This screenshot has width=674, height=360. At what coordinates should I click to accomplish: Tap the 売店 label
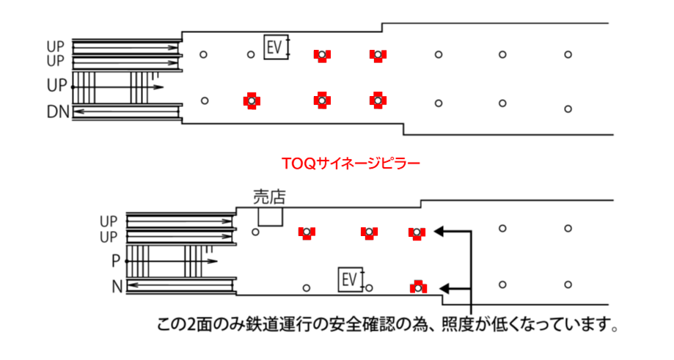point(268,196)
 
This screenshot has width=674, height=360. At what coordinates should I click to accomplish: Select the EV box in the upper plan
point(276,48)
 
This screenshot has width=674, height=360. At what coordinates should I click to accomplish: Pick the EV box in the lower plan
point(350,279)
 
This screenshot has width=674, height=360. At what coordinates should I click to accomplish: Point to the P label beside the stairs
point(116,261)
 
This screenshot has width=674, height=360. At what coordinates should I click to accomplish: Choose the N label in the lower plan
point(116,286)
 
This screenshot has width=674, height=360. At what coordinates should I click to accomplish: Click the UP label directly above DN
point(57,86)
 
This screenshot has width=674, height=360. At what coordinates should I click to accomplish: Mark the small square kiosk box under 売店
point(270,216)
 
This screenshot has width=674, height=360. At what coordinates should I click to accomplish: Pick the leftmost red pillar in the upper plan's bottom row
point(251,100)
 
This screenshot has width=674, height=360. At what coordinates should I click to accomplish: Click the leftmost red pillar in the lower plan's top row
point(307,232)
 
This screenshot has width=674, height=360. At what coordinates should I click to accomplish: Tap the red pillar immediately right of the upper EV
point(320,55)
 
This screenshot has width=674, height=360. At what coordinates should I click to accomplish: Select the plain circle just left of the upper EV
point(250,54)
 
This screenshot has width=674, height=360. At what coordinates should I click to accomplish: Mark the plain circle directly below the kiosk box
point(255,232)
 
